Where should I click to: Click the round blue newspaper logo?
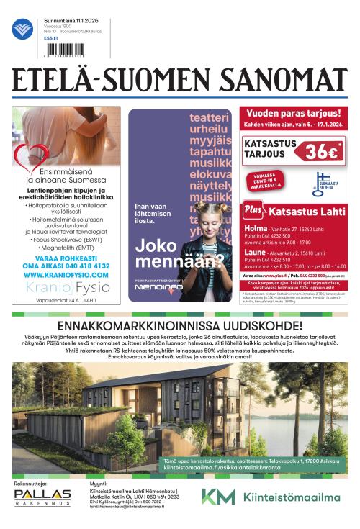pos(22,30)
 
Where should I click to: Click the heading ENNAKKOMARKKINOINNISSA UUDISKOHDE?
pos(180,325)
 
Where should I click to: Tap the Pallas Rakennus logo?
pos(42,497)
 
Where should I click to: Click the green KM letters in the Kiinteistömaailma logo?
pos(218,497)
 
